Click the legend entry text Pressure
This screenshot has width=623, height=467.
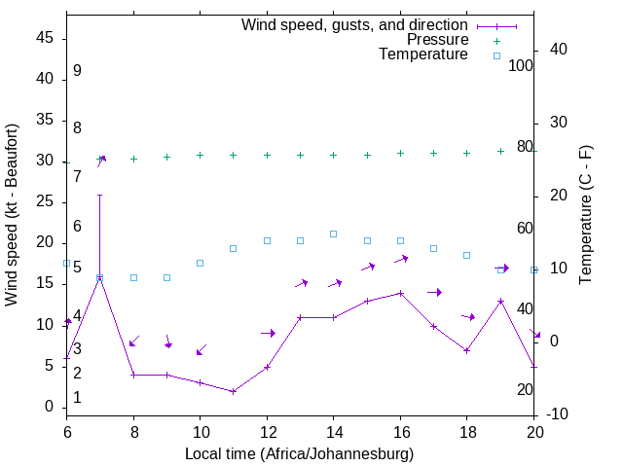click(x=437, y=40)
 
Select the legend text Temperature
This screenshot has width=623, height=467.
click(x=423, y=55)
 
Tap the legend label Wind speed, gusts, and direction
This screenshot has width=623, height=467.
click(x=355, y=24)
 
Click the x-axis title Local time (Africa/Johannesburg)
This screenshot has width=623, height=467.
click(x=300, y=454)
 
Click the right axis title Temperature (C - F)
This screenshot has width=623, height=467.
click(x=585, y=215)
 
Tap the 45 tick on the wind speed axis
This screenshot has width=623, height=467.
click(x=45, y=38)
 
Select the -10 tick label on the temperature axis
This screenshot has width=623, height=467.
click(x=558, y=414)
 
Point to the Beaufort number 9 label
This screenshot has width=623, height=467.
click(x=77, y=71)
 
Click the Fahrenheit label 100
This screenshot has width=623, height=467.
click(x=522, y=65)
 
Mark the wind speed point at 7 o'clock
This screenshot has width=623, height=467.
click(x=99, y=276)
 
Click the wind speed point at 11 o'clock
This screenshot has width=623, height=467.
click(x=234, y=391)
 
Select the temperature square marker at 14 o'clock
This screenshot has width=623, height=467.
click(x=333, y=233)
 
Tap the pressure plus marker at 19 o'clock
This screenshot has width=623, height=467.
click(x=500, y=151)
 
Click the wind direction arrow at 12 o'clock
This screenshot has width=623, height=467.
click(x=268, y=334)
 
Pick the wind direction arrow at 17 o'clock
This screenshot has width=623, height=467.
click(x=434, y=292)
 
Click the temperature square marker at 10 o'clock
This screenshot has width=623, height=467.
click(x=200, y=263)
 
